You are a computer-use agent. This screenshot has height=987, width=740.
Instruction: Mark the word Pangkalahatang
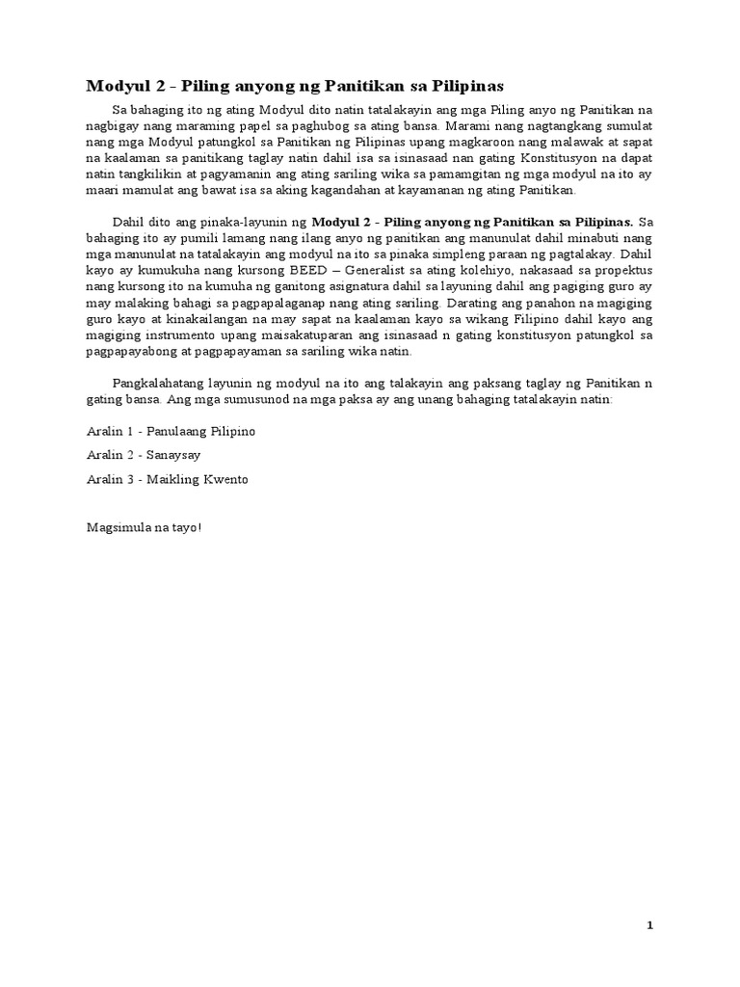pyautogui.click(x=159, y=384)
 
